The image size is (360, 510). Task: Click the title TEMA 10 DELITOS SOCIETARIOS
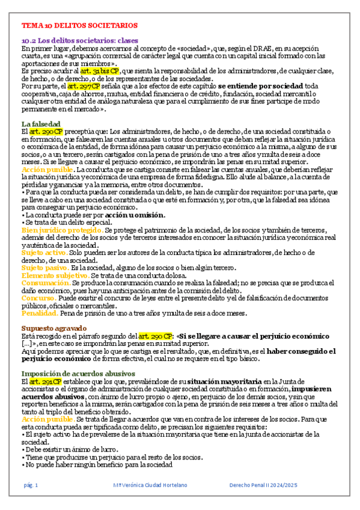point(80,26)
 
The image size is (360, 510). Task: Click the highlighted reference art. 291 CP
point(44,381)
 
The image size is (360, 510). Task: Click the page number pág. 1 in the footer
point(31,485)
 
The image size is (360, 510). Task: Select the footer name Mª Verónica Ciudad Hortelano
point(150,485)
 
